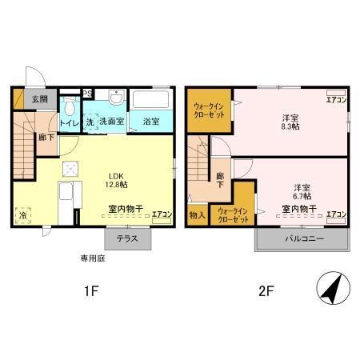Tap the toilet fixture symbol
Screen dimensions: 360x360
(70, 106)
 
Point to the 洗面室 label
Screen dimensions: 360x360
(110, 122)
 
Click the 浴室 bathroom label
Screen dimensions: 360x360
(150, 122)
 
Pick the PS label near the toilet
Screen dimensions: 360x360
(86, 93)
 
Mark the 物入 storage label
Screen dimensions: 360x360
(197, 214)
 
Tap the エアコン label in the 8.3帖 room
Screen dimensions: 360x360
(336, 100)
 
